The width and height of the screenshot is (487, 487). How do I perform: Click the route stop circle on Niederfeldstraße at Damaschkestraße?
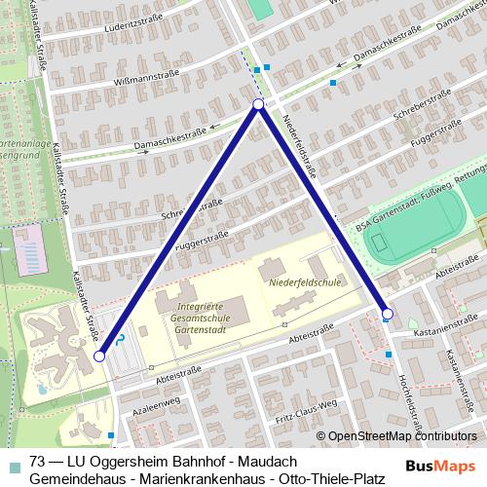coord(258,104)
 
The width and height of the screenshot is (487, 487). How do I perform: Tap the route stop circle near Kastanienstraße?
coord(388,314)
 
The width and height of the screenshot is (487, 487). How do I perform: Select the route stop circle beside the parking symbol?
coord(99,357)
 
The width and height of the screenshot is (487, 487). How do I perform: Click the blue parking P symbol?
coord(120,340)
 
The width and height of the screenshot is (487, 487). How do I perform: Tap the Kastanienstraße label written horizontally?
coord(446,330)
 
